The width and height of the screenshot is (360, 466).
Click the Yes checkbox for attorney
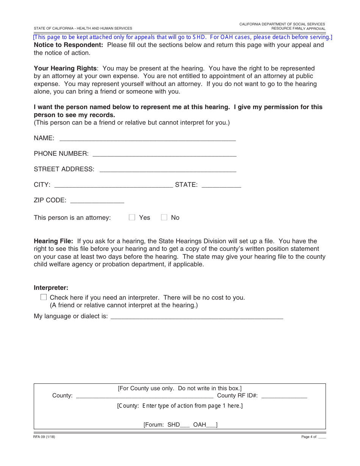pos(132,217)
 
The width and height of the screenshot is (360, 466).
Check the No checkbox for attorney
pos(164,217)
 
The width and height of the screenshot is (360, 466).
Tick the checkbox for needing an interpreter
pos(44,297)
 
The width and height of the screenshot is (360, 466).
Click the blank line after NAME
pos(147,139)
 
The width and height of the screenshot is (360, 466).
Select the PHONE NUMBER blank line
pos(164,154)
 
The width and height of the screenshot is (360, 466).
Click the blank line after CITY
pos(114,185)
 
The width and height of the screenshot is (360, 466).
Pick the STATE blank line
pos(221,185)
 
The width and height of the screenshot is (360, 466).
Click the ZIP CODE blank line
pos(97,201)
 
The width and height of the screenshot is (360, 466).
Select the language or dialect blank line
pos(196,317)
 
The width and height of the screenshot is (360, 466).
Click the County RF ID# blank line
pos(284,396)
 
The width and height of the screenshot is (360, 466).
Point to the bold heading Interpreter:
pos(51,288)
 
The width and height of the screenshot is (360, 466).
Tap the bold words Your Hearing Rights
pos(65,68)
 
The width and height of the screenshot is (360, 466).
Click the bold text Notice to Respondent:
pos(68,45)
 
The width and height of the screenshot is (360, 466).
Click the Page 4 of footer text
pos(309,437)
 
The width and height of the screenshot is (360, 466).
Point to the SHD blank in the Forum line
pos(185,425)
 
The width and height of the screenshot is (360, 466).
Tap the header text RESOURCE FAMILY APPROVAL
pos(298,29)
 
